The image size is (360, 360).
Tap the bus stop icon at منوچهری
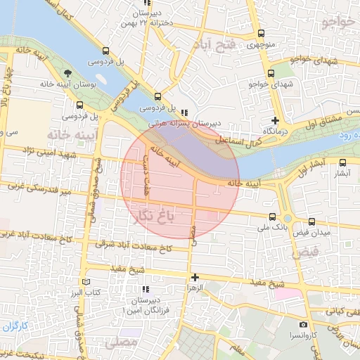coord(262,34)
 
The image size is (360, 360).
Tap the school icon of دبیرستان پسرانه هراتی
coord(184,112)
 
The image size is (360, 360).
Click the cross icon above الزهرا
coord(195,277)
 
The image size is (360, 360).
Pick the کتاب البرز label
coord(89,291)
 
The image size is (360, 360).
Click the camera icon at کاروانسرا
coord(303,325)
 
